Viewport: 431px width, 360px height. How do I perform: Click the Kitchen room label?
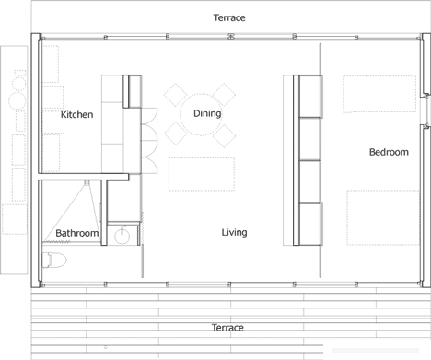coord(76,114)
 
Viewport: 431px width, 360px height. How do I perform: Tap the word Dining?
coord(207,114)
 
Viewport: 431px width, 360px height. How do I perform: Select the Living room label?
coord(234,232)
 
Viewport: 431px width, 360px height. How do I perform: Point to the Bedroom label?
coord(389,152)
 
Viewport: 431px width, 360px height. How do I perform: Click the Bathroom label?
coord(77,233)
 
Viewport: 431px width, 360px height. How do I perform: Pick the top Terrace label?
coord(229,17)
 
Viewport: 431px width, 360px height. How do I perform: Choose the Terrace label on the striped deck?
coord(227,328)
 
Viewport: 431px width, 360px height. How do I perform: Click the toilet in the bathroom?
coord(54,261)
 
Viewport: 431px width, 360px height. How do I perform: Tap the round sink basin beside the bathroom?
coord(122,237)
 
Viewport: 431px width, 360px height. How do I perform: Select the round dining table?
coord(201,115)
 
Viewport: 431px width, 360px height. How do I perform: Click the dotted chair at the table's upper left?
coord(176,95)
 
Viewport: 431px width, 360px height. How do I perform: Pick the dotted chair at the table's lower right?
coord(224,136)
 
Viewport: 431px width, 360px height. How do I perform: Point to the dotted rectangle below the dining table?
coord(202,174)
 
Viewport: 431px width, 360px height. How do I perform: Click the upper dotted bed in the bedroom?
coord(379,94)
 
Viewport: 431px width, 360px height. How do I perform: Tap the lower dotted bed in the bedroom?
coord(383,217)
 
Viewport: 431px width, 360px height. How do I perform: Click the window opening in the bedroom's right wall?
coord(426,110)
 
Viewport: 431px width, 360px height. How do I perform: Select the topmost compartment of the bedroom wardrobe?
coord(310,97)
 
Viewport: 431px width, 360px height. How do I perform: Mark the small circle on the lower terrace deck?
coord(105,347)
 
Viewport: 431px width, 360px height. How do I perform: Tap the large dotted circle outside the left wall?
coord(17,100)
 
